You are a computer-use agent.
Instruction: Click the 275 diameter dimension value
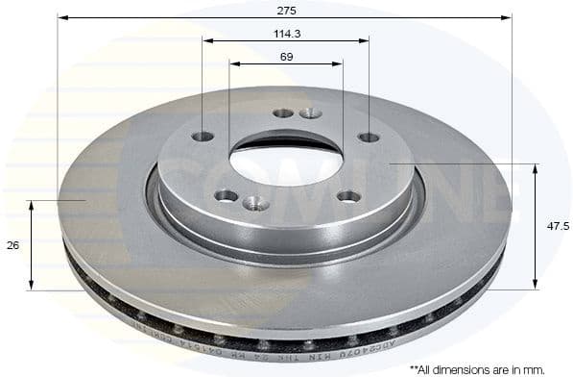tap(284, 10)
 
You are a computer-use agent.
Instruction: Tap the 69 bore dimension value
tap(285, 57)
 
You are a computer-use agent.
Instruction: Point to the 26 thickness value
tap(12, 245)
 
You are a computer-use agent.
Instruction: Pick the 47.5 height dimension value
tap(552, 227)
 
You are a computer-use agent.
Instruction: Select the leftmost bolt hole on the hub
tap(203, 137)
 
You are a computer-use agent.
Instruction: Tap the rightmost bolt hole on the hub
tap(369, 137)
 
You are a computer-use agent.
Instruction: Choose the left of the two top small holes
tap(282, 113)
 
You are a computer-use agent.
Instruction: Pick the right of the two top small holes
tap(310, 113)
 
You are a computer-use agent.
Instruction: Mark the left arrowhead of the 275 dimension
tap(62, 17)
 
